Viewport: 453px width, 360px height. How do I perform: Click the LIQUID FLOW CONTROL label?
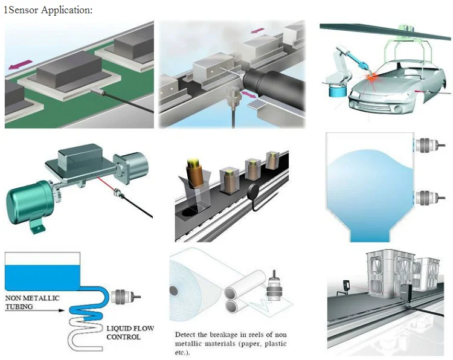coord(130,332)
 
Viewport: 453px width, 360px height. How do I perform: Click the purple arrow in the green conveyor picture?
coord(18,62)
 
